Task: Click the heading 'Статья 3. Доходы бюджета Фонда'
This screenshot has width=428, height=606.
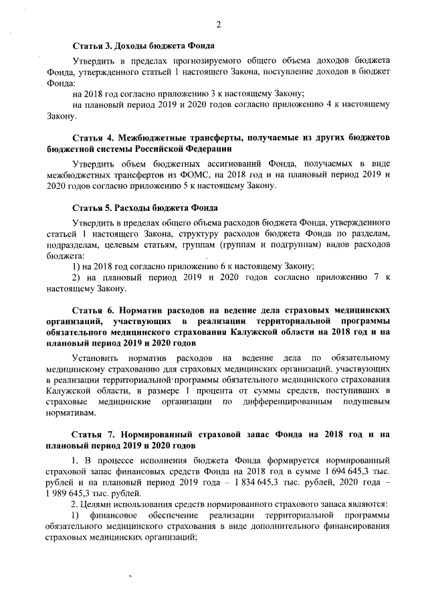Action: point(143,46)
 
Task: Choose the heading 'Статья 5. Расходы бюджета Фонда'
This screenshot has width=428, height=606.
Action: point(145,208)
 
